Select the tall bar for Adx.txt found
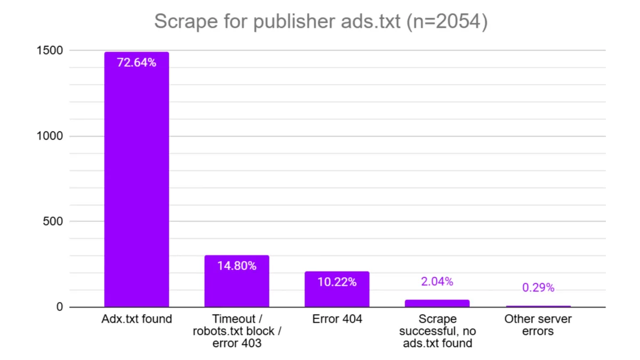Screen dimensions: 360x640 click(137, 181)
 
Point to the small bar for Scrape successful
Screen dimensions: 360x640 click(437, 303)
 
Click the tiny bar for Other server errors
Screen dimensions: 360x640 click(538, 306)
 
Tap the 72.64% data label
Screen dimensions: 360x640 click(137, 63)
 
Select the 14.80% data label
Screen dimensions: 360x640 click(237, 266)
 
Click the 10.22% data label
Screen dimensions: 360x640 click(337, 282)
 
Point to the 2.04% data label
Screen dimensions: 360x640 click(437, 282)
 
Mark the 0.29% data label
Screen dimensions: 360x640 click(538, 288)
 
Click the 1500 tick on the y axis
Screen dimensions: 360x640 click(50, 51)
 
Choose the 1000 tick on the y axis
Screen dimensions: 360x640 click(50, 136)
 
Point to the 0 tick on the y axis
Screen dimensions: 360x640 click(60, 307)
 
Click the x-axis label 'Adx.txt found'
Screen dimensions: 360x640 click(137, 319)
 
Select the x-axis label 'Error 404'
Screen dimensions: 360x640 click(337, 319)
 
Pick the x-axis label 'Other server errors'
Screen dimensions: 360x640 click(538, 325)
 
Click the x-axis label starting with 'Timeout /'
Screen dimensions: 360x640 click(237, 331)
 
